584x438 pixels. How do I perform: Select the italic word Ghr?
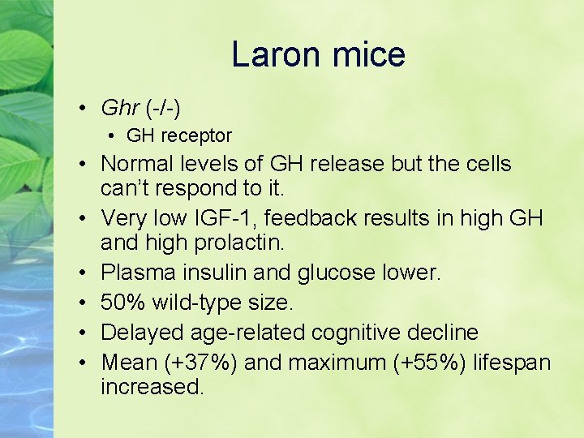pos(118,107)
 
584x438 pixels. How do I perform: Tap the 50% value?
pos(118,303)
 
